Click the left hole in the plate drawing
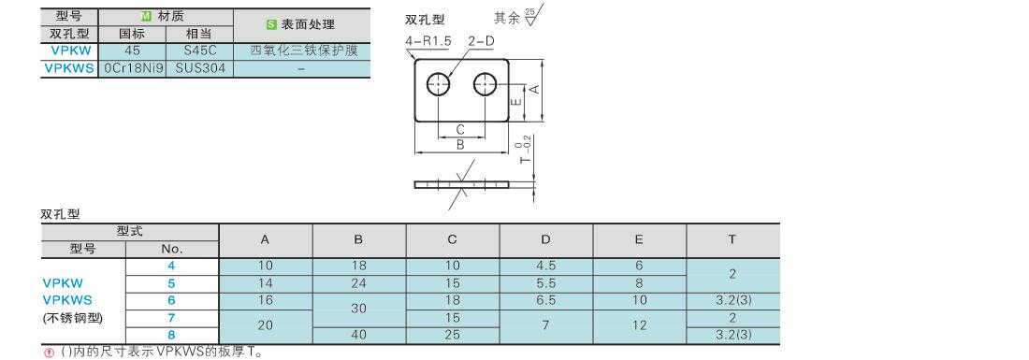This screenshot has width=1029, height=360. coord(439,84)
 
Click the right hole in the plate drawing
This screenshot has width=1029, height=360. coord(486,84)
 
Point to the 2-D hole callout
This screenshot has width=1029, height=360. coord(481,40)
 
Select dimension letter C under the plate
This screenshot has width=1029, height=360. coord(460,129)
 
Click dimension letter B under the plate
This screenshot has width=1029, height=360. coord(460,145)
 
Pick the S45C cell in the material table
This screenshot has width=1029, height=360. coord(200,50)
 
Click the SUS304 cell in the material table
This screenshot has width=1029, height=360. coord(200,67)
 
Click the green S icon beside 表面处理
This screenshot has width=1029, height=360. coord(271,24)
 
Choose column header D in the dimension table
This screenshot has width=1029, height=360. coord(546,240)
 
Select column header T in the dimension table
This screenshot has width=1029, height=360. coord(732,240)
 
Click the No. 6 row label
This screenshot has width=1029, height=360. coord(171,300)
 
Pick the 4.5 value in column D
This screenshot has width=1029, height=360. coord(546,266)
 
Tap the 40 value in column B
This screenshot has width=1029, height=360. coord(359,335)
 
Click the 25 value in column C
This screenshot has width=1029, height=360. coord(452,335)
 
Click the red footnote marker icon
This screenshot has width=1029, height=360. coord(48,353)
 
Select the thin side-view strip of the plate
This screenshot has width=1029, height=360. coord(462,184)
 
